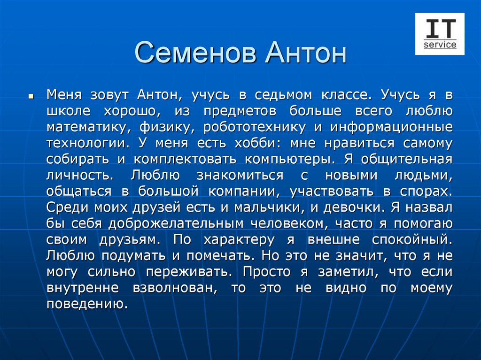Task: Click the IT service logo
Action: (x=440, y=34)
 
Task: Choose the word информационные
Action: (x=391, y=127)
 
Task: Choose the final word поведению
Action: (x=87, y=304)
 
